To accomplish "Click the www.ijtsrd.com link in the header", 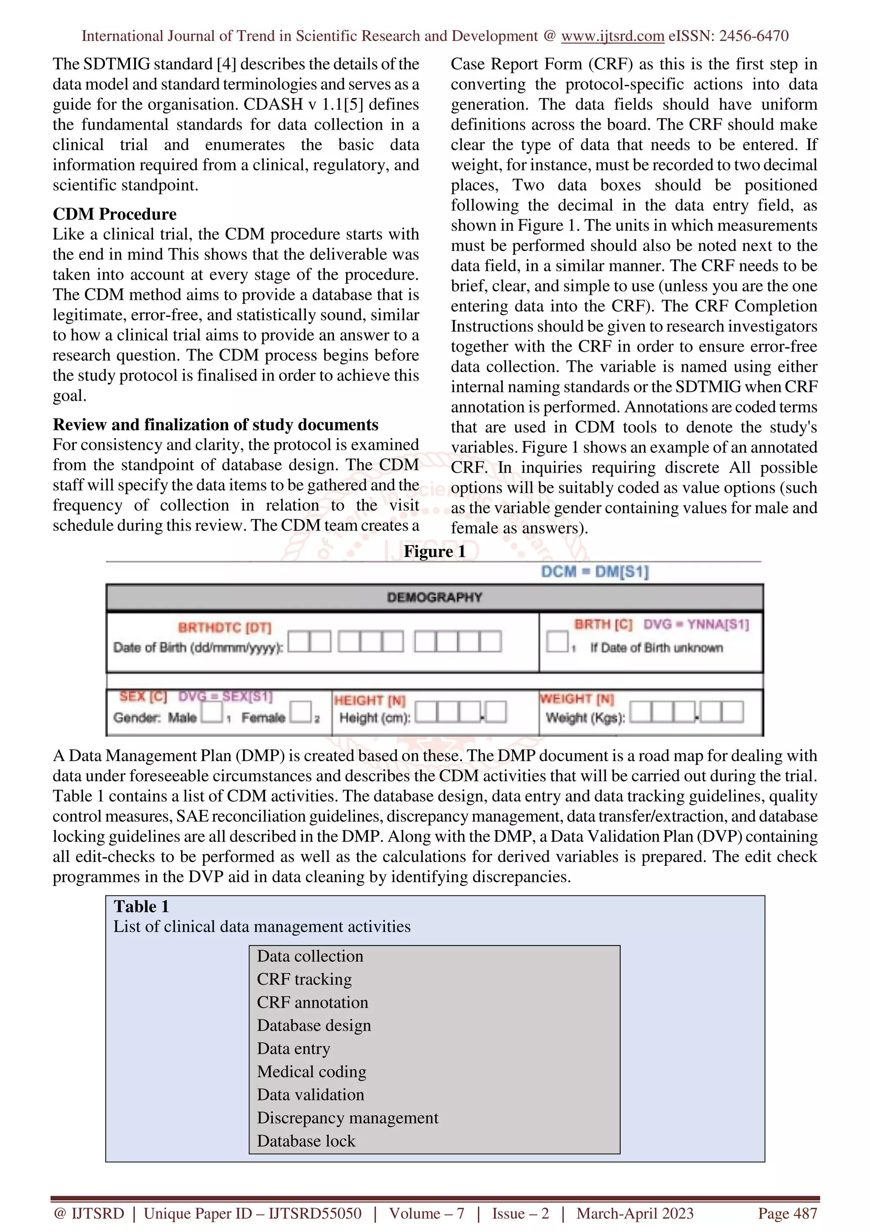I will tap(612, 36).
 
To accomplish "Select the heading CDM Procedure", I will tap(114, 214).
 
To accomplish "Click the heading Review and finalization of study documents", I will tap(215, 425).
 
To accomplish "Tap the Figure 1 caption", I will tap(434, 551).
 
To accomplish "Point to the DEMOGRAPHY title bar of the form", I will tap(434, 597).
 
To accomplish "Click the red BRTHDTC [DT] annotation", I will tap(225, 627).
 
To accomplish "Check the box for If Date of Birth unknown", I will tap(557, 641).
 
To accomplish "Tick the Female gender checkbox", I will tap(301, 711).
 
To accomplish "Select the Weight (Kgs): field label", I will tap(585, 717).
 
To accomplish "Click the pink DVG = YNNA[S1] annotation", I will tap(696, 624).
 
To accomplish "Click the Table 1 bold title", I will tap(141, 906).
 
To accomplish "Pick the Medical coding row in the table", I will tap(311, 1072).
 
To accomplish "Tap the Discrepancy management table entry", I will tap(347, 1118).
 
